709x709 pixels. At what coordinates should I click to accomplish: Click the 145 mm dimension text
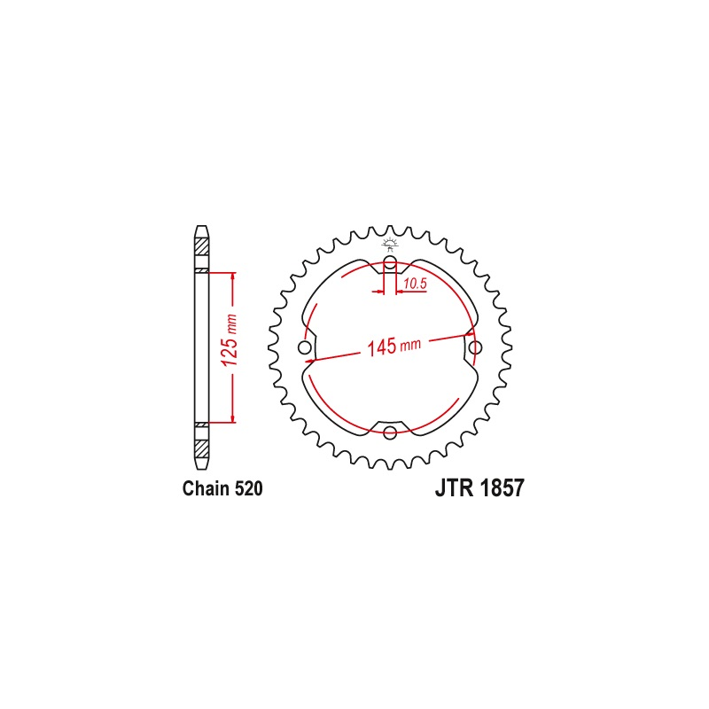tap(393, 347)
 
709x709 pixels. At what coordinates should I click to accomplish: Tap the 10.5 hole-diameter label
tap(415, 284)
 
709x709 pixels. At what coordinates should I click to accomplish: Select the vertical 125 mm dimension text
tap(230, 340)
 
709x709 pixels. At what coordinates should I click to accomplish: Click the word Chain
tap(206, 489)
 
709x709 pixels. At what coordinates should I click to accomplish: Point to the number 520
tap(249, 489)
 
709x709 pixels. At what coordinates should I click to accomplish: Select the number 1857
tap(502, 488)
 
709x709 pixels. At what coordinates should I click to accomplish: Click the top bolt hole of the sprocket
tap(390, 261)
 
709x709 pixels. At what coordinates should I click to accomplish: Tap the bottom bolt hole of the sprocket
tap(390, 432)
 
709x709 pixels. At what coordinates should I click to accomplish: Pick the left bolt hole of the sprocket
tap(305, 347)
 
